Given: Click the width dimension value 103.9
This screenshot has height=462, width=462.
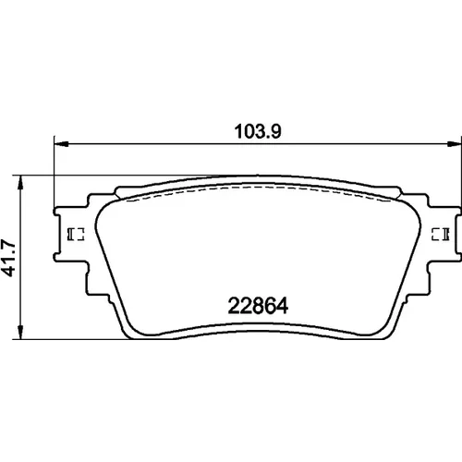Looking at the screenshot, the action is tap(258, 131).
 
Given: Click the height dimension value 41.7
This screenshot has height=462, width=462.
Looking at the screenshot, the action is tap(8, 258).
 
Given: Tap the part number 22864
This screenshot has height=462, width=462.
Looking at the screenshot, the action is tap(258, 306).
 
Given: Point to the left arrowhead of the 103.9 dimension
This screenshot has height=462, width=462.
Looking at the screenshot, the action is tap(61, 144).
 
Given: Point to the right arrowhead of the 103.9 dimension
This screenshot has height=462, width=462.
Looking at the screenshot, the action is tap(455, 144).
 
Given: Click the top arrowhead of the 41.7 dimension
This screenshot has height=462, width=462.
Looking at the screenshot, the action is tap(20, 183).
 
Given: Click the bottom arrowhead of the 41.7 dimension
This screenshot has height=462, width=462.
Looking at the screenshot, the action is tap(20, 333).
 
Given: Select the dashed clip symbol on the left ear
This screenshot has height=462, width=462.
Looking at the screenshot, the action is tap(76, 234).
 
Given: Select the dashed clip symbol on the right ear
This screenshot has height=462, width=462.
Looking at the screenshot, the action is tap(441, 234).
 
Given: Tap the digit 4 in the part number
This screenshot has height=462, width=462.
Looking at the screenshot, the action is tap(282, 306).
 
